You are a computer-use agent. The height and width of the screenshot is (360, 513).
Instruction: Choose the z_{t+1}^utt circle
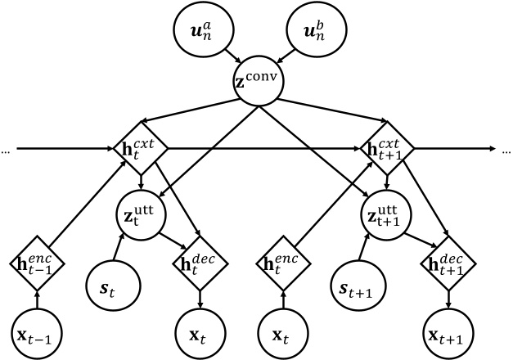click(384, 215)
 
